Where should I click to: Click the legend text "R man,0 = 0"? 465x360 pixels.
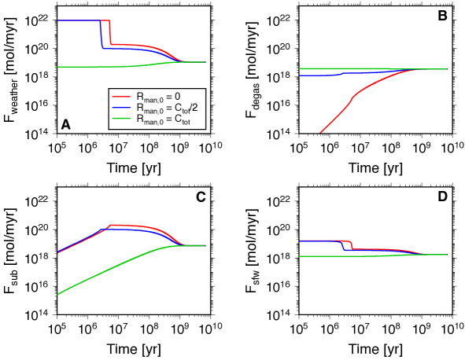[x=158, y=97]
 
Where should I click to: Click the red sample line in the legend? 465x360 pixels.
[x=122, y=96]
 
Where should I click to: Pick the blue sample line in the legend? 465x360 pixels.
[x=122, y=107]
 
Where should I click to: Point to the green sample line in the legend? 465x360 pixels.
[x=122, y=119]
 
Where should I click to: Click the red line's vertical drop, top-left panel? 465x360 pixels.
[x=110, y=33]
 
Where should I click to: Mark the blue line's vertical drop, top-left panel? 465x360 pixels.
[x=101, y=35]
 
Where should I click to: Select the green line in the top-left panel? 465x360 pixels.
[x=94, y=67]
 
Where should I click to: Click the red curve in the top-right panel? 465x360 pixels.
[x=354, y=94]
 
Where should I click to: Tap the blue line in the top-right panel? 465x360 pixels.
[x=319, y=75]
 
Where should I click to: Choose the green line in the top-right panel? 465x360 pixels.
[x=354, y=69]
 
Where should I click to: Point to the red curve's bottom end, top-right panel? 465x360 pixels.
[x=320, y=132]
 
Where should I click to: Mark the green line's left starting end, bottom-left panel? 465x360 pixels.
[x=58, y=294]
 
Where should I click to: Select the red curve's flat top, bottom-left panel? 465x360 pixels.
[x=130, y=226]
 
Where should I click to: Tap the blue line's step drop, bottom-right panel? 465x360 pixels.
[x=343, y=245]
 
